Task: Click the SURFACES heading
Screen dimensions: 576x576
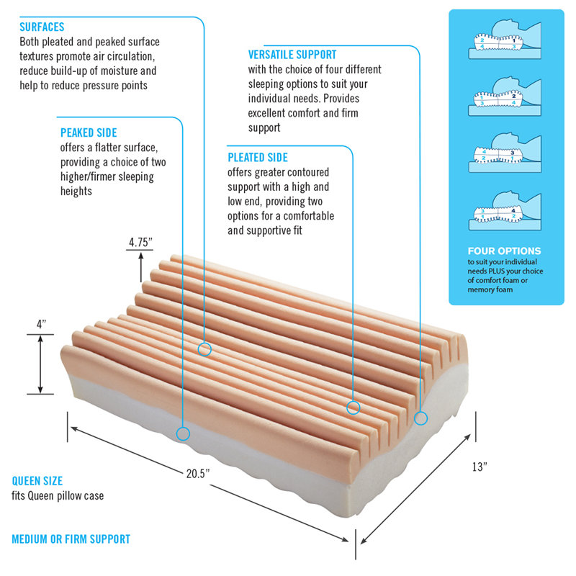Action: point(42,27)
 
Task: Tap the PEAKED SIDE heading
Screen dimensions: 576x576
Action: point(89,132)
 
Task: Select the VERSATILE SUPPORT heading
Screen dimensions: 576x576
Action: point(292,55)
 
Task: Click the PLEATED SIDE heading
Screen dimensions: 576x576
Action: point(258,158)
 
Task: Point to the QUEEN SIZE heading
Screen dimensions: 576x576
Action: point(37,481)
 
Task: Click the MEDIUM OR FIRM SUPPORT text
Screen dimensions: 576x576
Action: point(71,539)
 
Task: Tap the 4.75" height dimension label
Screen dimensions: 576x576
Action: point(140,243)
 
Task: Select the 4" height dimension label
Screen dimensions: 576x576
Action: point(41,325)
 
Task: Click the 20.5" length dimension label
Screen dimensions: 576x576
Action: point(197,474)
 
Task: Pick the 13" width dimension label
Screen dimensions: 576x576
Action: point(480,467)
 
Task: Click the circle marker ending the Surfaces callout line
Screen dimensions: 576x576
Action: point(204,349)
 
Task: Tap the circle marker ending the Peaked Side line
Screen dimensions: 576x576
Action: point(183,434)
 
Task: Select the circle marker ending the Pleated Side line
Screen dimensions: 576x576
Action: point(354,408)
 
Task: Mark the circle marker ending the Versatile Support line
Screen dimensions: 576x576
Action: point(421,418)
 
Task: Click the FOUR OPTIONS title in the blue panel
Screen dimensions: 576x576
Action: point(504,251)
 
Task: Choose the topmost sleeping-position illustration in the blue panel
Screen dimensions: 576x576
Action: point(505,40)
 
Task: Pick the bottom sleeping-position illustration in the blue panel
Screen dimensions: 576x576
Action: point(505,210)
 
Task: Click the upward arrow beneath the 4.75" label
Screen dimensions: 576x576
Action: point(140,267)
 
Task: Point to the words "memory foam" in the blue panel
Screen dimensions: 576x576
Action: point(490,289)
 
